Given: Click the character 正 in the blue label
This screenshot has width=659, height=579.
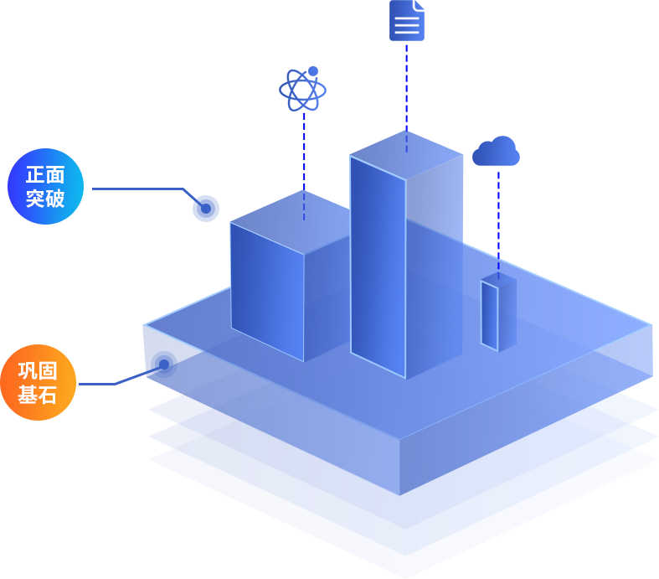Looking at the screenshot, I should [35, 175].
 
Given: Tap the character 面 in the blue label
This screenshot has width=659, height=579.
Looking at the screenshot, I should [55, 175].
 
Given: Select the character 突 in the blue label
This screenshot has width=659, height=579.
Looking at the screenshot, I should [35, 199].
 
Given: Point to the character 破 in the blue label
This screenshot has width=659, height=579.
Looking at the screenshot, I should [55, 199].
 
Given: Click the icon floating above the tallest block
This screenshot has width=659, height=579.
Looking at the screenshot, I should [407, 21].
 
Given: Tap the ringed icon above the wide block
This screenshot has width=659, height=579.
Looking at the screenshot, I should [302, 89].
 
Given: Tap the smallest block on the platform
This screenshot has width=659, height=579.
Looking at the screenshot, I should [497, 314].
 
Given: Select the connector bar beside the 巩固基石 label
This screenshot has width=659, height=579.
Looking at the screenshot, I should [113, 374].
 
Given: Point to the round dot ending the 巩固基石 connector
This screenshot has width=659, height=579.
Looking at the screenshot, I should [162, 362].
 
